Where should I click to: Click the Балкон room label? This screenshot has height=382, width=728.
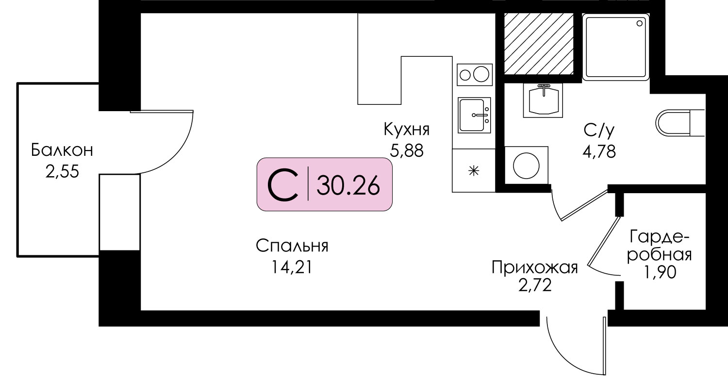62,150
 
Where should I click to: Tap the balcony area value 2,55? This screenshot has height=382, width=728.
62,171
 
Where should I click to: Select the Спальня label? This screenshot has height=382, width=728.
292,246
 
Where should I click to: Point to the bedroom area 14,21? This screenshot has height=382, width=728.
292,267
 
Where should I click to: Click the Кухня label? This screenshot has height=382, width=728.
407,129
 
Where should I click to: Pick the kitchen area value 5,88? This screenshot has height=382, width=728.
407,150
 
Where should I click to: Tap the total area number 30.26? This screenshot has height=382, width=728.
348,186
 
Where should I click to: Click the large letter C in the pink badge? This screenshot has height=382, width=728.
283,185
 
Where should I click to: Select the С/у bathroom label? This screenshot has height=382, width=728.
599,131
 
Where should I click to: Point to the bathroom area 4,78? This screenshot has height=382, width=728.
599,151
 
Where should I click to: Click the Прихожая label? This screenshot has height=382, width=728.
535,267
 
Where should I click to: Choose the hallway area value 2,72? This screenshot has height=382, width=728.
535,286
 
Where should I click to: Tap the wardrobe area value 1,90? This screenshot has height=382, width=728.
660,272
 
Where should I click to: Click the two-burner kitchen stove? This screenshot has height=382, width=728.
475,75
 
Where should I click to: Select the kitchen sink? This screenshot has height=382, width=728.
474,116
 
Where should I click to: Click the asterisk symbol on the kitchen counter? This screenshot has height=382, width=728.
474,171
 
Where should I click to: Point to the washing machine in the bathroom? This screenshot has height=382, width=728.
526,166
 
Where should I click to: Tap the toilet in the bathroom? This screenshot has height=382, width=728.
680,123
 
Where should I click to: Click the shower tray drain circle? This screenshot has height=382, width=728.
639,23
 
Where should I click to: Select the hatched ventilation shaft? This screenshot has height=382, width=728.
539,44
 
